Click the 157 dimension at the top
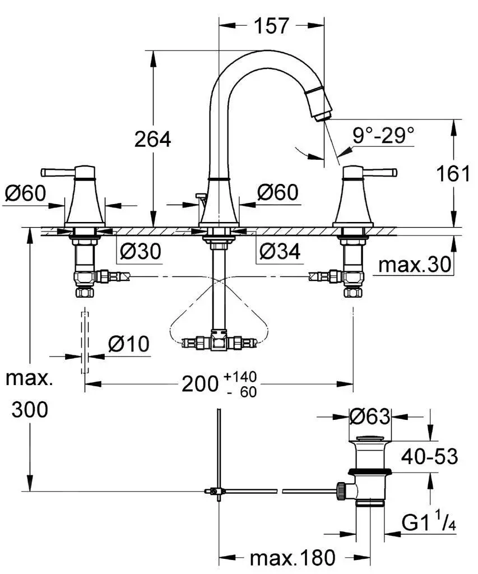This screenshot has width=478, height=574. pyautogui.click(x=271, y=25)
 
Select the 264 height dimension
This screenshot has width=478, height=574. pyautogui.click(x=152, y=138)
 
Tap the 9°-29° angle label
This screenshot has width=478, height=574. pyautogui.click(x=383, y=135)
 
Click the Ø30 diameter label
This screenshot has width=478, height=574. pyautogui.click(x=140, y=252)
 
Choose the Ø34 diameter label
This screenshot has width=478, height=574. pyautogui.click(x=279, y=252)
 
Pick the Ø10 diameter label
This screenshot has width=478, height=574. pyautogui.click(x=128, y=344)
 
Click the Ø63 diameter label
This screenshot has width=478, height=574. pyautogui.click(x=369, y=416)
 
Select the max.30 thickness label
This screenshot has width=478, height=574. pyautogui.click(x=415, y=265)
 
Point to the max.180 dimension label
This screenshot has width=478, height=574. pyautogui.click(x=292, y=557)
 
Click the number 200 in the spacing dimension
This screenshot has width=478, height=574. pyautogui.click(x=199, y=384)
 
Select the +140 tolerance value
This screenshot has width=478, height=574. pyautogui.click(x=240, y=377)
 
